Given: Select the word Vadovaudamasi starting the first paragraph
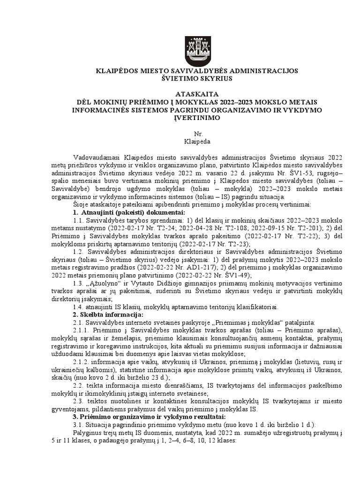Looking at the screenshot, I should click(x=96, y=156).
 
